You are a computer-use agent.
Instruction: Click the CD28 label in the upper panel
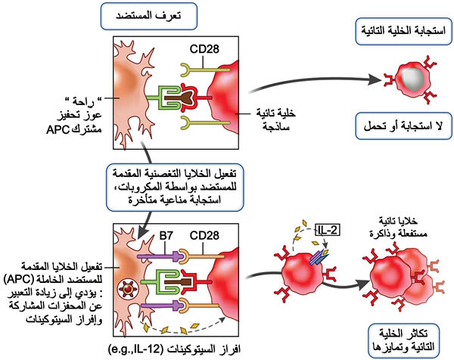(204, 49)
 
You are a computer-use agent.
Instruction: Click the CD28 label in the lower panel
(204, 235)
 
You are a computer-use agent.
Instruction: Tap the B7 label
(166, 235)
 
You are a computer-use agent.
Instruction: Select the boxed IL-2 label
(328, 230)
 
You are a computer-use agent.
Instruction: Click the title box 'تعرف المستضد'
(149, 16)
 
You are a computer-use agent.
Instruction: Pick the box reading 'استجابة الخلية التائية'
(403, 31)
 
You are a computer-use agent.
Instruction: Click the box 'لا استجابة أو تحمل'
(403, 126)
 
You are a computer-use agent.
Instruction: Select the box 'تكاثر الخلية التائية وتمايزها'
(403, 340)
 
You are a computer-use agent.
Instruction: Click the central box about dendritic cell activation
(175, 188)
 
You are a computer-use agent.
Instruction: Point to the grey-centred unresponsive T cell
(411, 78)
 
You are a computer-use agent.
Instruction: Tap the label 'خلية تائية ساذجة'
(275, 119)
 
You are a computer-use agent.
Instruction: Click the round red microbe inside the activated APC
(128, 289)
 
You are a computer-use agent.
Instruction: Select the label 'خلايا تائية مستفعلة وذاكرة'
(399, 228)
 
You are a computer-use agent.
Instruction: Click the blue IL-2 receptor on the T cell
(318, 257)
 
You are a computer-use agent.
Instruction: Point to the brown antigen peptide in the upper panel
(180, 98)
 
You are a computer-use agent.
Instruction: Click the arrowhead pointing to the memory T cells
(363, 285)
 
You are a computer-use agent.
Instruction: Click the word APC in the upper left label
(58, 129)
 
